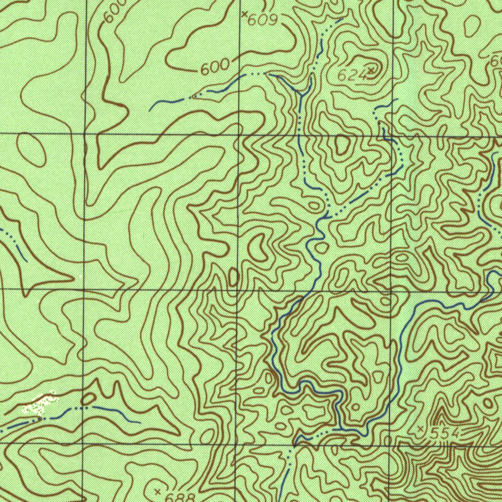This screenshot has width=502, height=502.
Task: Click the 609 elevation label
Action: (263, 20)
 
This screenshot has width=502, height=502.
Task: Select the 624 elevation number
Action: (351, 75)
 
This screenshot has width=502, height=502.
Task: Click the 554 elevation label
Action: (445, 433)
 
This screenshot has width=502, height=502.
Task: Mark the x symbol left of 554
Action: (420, 429)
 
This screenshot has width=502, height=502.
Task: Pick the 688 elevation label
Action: (179, 497)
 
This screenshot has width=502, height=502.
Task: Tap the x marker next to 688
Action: (157, 491)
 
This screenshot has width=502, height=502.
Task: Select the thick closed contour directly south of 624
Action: (342, 145)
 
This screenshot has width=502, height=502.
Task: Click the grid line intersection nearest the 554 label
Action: (392, 445)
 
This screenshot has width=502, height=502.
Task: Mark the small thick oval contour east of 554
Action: (488, 403)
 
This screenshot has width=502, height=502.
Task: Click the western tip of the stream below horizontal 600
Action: (151, 110)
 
